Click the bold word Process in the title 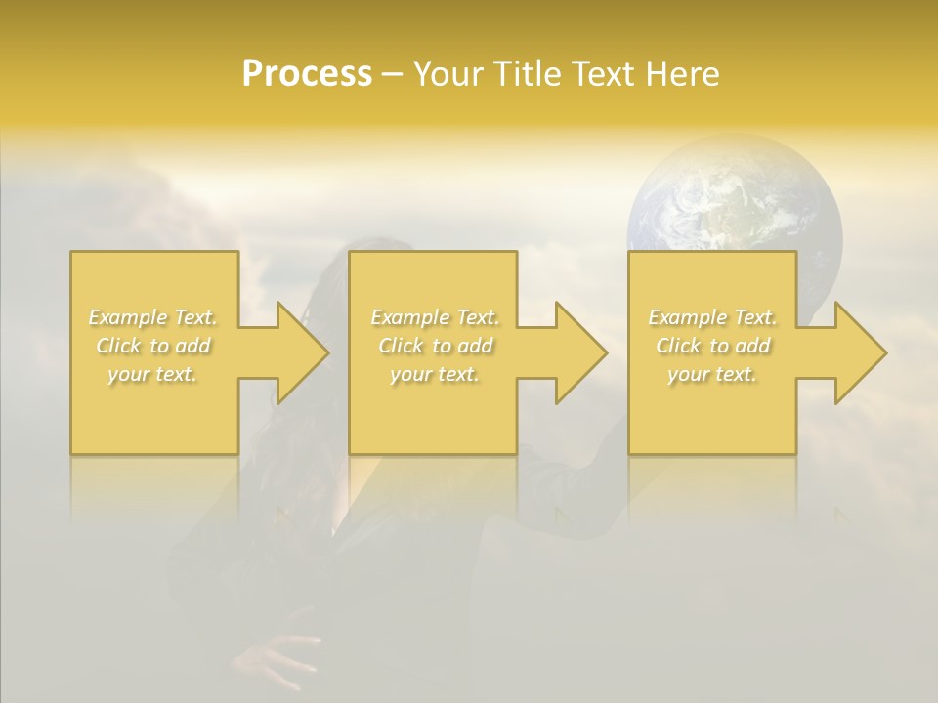[307, 74]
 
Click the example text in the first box [153, 346]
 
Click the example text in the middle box [434, 346]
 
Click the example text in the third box [712, 346]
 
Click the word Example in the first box [128, 317]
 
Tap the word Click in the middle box [401, 346]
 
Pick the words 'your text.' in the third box [712, 374]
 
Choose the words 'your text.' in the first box [153, 374]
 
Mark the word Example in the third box [687, 317]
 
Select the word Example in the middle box [409, 317]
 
